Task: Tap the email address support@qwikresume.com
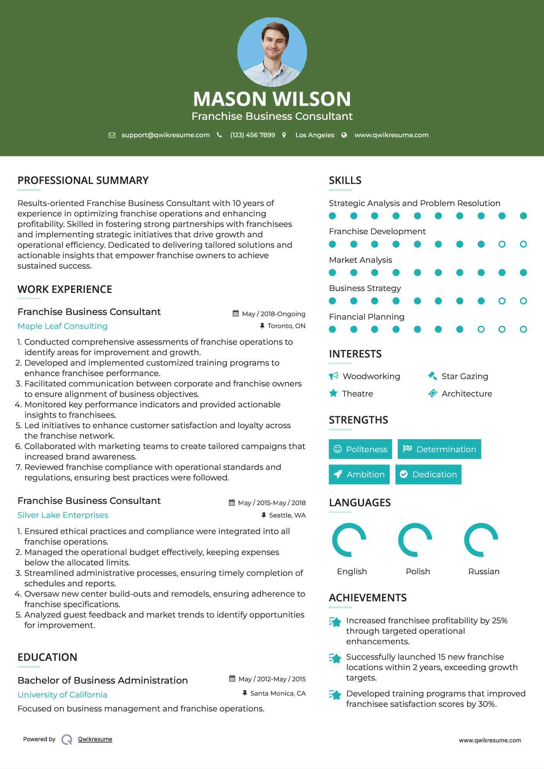165,135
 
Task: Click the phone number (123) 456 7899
252,135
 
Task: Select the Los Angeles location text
314,135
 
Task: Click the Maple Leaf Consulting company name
63,326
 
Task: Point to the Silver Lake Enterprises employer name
63,515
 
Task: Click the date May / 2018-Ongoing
273,314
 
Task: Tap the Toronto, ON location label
286,326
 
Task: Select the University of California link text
62,695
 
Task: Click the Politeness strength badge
360,449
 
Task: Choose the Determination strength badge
439,449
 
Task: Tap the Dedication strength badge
428,474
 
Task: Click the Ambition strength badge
359,474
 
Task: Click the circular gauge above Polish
415,540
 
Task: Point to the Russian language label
484,572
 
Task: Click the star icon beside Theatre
333,393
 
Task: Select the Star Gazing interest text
465,376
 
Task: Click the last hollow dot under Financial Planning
523,329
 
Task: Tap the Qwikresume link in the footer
95,739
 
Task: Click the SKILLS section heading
345,180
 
